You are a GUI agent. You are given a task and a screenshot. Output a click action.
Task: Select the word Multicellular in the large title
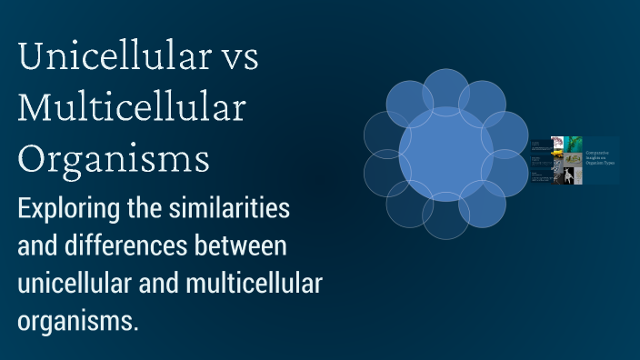(x=132, y=109)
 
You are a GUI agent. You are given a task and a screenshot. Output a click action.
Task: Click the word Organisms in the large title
(x=114, y=158)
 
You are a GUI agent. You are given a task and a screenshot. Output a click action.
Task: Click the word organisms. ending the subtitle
(x=77, y=321)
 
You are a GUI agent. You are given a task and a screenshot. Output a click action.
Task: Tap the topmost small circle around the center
(x=445, y=91)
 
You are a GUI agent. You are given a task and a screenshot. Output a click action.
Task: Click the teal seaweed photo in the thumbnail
(x=574, y=144)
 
